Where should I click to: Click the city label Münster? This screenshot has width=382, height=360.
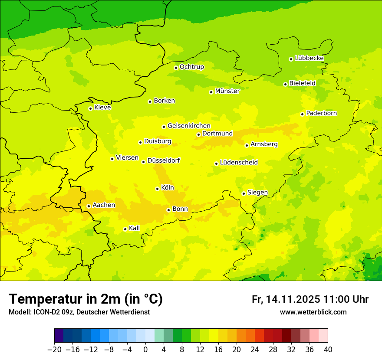point(227,91)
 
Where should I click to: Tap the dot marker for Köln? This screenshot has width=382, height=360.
point(157,189)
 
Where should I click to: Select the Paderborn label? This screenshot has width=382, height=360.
point(321,113)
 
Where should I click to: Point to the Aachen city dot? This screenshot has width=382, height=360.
point(89,206)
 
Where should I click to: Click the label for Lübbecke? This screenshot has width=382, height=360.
point(309,58)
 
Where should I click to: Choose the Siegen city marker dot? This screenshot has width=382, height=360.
point(244,193)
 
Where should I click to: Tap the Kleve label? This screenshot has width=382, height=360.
point(102,108)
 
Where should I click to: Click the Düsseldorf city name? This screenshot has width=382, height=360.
point(163,160)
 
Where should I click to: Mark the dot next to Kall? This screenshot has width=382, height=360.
point(125,229)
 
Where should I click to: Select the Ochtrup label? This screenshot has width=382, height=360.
point(191,67)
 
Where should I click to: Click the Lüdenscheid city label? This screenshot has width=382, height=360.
point(239,163)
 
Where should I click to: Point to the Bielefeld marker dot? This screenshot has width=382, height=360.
point(285,84)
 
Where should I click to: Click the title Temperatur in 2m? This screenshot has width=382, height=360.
point(86,299)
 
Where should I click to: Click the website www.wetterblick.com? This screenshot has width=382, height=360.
point(313,312)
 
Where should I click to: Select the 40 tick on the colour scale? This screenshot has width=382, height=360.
point(328,350)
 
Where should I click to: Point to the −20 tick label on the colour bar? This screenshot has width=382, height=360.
point(54,350)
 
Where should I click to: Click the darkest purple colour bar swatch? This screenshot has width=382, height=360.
point(59,336)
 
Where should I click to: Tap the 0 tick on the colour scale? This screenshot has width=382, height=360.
point(145,350)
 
